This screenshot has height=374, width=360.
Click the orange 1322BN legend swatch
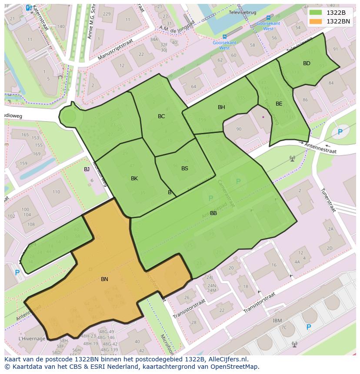tap(316, 21)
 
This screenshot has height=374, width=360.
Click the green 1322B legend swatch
tap(316, 13)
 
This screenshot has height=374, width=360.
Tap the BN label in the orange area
tap(104, 279)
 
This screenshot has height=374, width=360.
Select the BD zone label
tap(307, 63)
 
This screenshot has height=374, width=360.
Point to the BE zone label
tap(279, 104)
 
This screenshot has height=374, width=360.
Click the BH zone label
tap(221, 107)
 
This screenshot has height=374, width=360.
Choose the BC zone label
tap(161, 116)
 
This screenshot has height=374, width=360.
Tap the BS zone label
tap(185, 169)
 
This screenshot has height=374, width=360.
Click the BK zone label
tap(134, 179)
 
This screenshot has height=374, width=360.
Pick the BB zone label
tap(213, 213)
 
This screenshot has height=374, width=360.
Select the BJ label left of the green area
tap(87, 169)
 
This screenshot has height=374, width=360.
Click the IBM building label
tap(277, 321)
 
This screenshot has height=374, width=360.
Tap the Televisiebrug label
tap(244, 13)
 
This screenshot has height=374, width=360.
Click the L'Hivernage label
tap(32, 338)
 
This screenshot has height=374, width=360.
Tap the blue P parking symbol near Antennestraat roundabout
tap(340, 132)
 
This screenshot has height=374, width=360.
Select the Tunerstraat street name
tap(328, 200)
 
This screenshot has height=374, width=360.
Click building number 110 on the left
tap(56, 192)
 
